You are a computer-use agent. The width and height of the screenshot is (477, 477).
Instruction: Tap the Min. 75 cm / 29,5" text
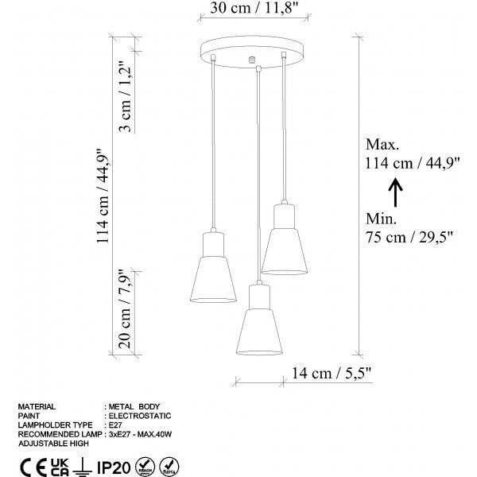tap(409, 226)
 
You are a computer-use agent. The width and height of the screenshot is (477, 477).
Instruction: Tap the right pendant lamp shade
tap(285, 241)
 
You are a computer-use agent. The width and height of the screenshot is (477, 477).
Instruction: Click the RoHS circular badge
tap(168, 463)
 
